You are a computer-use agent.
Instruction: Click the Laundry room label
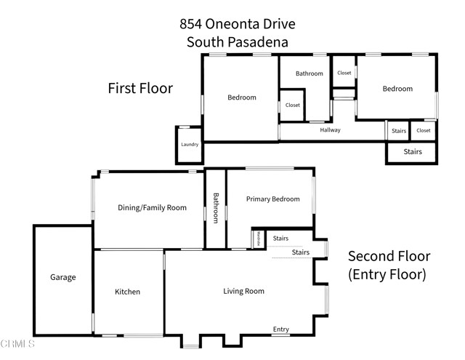tap(189, 145)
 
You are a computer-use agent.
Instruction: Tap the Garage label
tap(62, 277)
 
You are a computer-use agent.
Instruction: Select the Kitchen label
tap(127, 292)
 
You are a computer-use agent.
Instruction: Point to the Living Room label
tap(243, 291)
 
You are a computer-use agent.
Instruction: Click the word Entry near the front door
tap(281, 329)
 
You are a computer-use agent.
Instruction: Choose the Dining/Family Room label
tap(152, 207)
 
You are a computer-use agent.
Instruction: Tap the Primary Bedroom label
tap(272, 199)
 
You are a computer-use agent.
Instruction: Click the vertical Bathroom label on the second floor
tap(216, 208)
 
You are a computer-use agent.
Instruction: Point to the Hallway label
tap(330, 130)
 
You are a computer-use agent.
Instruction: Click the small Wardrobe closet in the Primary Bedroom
tap(258, 238)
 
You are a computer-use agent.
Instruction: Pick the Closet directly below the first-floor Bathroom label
tap(292, 105)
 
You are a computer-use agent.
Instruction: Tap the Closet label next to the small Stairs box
tap(423, 131)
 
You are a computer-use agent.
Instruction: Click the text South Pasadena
tap(238, 42)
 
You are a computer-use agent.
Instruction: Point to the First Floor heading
tap(140, 89)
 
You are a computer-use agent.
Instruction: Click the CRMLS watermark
tap(18, 343)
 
